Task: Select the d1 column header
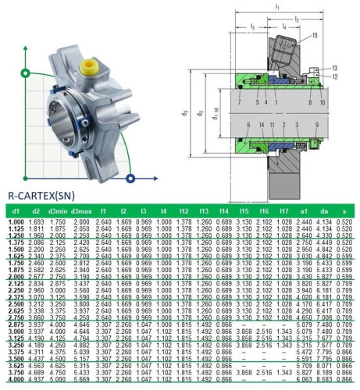pyautogui.click(x=13, y=212)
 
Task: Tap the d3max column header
pyautogui.click(x=82, y=212)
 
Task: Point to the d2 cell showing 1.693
pyautogui.click(x=36, y=222)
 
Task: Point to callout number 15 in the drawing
pyautogui.click(x=314, y=37)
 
